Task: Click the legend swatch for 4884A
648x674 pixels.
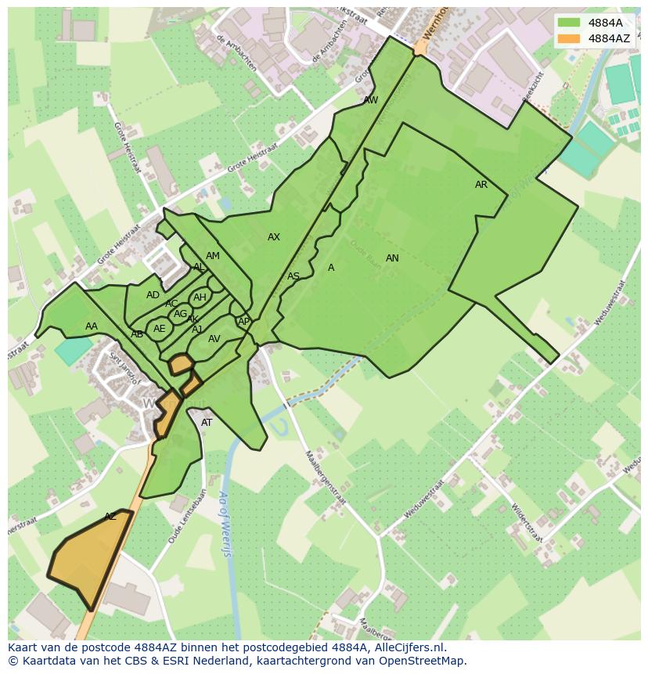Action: click(570, 23)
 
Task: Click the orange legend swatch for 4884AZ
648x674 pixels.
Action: click(570, 38)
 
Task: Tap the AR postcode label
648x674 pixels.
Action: click(481, 185)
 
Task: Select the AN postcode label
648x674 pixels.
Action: click(392, 258)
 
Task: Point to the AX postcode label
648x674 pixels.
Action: click(273, 237)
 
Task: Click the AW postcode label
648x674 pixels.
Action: click(371, 100)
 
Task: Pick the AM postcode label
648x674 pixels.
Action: click(213, 256)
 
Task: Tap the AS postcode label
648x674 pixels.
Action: click(293, 276)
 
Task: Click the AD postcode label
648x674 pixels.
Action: click(153, 295)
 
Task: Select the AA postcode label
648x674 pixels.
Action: click(92, 326)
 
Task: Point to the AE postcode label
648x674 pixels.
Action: click(160, 329)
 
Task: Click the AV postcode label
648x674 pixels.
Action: click(214, 339)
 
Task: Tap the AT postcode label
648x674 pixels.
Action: click(207, 423)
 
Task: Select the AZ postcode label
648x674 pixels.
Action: click(110, 517)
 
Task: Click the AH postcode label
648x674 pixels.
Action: click(200, 297)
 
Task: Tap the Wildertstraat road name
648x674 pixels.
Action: click(526, 523)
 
